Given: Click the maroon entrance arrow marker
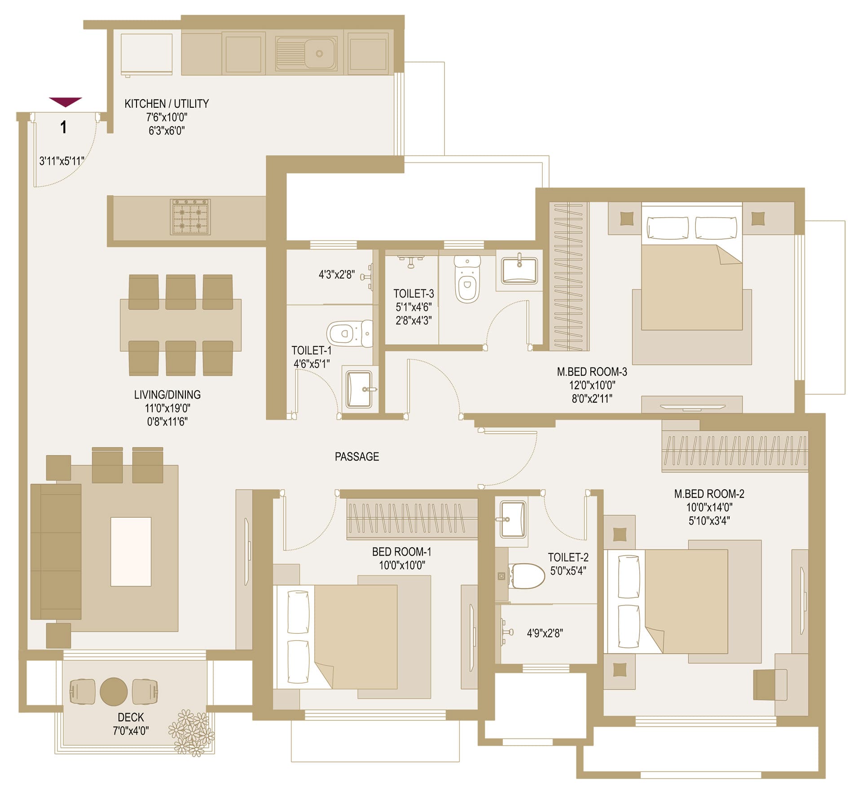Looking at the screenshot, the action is [66, 102].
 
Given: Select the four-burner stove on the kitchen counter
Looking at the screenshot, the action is [190, 217].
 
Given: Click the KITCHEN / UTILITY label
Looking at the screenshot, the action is [167, 104].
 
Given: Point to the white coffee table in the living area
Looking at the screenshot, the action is [131, 552].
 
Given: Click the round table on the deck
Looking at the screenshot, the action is [114, 692].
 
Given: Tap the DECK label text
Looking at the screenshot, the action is [131, 717].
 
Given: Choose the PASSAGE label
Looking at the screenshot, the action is [357, 456].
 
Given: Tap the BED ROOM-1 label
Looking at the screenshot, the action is [401, 552].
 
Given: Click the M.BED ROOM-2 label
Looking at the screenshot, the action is [709, 494].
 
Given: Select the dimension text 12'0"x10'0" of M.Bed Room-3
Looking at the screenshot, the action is [592, 385].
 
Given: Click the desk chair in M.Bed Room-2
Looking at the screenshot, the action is [770, 684].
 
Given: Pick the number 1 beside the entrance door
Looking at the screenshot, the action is [64, 127].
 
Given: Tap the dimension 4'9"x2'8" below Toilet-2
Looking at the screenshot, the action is [545, 633].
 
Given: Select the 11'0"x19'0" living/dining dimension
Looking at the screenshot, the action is [167, 408].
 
